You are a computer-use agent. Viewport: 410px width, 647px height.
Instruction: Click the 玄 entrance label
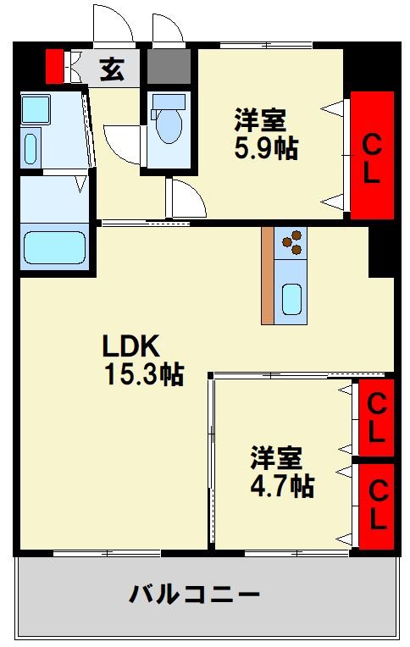tap(112, 69)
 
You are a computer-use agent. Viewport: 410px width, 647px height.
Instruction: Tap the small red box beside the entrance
tap(54, 67)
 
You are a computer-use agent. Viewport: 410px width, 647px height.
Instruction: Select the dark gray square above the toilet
tap(169, 67)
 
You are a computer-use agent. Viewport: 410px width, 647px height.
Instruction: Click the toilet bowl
tap(167, 123)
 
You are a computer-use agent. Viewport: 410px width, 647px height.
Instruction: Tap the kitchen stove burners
tap(293, 241)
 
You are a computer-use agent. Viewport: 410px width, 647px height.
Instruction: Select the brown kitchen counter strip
tap(268, 275)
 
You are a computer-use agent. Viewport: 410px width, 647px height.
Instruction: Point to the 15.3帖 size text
tap(144, 373)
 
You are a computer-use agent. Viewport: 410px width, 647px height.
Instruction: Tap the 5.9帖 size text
tap(266, 149)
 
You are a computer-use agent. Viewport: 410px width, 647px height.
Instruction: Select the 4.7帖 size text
tap(282, 486)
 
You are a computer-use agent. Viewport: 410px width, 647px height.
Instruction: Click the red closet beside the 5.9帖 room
tap(372, 156)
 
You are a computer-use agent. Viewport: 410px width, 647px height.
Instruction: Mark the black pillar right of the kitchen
tap(381, 251)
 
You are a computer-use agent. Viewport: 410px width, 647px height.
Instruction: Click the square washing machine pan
tap(36, 108)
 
